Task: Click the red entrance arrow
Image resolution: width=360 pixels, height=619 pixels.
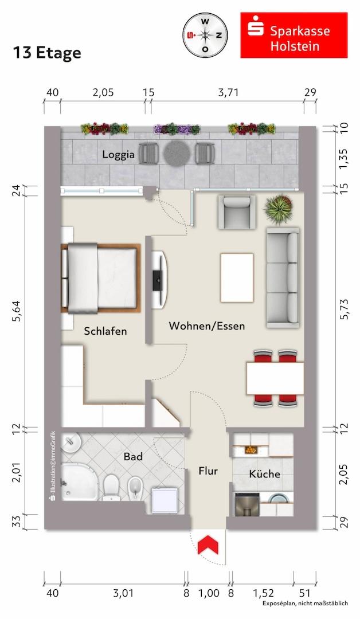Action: (208, 545)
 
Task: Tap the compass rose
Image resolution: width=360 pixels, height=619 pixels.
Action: (205, 35)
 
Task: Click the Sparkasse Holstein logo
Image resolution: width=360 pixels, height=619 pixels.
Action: (294, 35)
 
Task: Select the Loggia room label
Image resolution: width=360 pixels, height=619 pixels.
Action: (118, 154)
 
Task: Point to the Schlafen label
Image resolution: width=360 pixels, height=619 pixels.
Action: (105, 331)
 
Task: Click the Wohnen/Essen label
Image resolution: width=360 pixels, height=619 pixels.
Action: (207, 326)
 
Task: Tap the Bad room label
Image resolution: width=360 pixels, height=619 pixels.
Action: (133, 457)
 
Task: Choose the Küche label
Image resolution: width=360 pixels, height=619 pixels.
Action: (264, 473)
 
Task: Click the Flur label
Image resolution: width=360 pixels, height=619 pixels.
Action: (208, 471)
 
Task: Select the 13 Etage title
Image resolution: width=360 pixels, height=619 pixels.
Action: (47, 53)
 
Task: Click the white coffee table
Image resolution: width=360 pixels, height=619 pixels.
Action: (237, 278)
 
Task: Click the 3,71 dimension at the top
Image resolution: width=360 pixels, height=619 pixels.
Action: (229, 92)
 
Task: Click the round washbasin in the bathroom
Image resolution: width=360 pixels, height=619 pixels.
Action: (71, 444)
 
